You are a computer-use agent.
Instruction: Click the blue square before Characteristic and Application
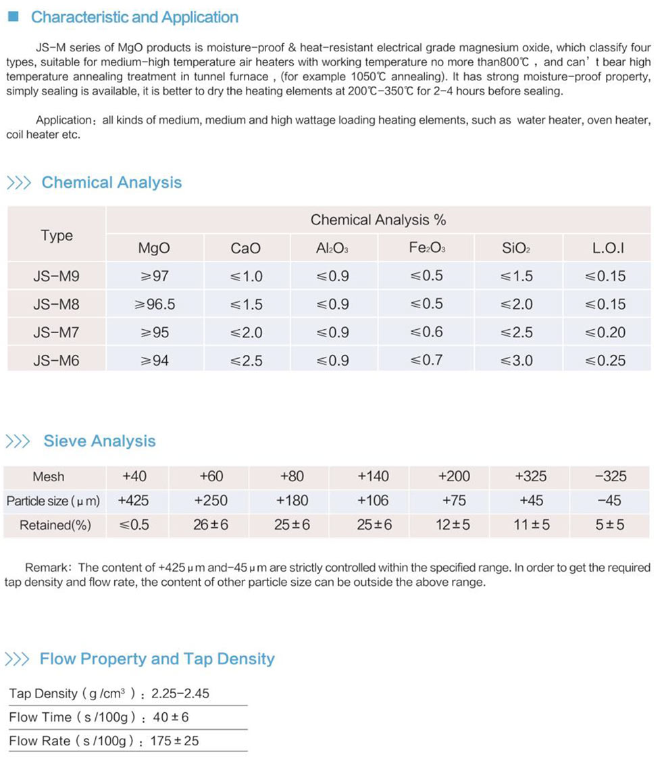(11, 17)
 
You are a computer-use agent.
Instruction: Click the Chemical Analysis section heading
(111, 182)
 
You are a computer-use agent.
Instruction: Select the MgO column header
(154, 249)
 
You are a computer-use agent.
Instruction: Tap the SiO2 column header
(516, 249)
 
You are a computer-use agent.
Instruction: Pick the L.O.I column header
(607, 249)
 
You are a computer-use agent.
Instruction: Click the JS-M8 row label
(56, 305)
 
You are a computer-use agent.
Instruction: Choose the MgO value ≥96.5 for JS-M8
(155, 305)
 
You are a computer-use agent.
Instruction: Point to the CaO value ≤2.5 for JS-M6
(246, 361)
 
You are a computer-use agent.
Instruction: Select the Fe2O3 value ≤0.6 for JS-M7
(426, 333)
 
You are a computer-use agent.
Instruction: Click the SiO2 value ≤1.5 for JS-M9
(516, 276)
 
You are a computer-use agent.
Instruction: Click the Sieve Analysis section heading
(99, 441)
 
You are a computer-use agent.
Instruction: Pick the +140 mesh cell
(373, 476)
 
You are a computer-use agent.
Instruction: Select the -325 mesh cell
(611, 476)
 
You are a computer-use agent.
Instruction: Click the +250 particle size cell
(211, 501)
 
